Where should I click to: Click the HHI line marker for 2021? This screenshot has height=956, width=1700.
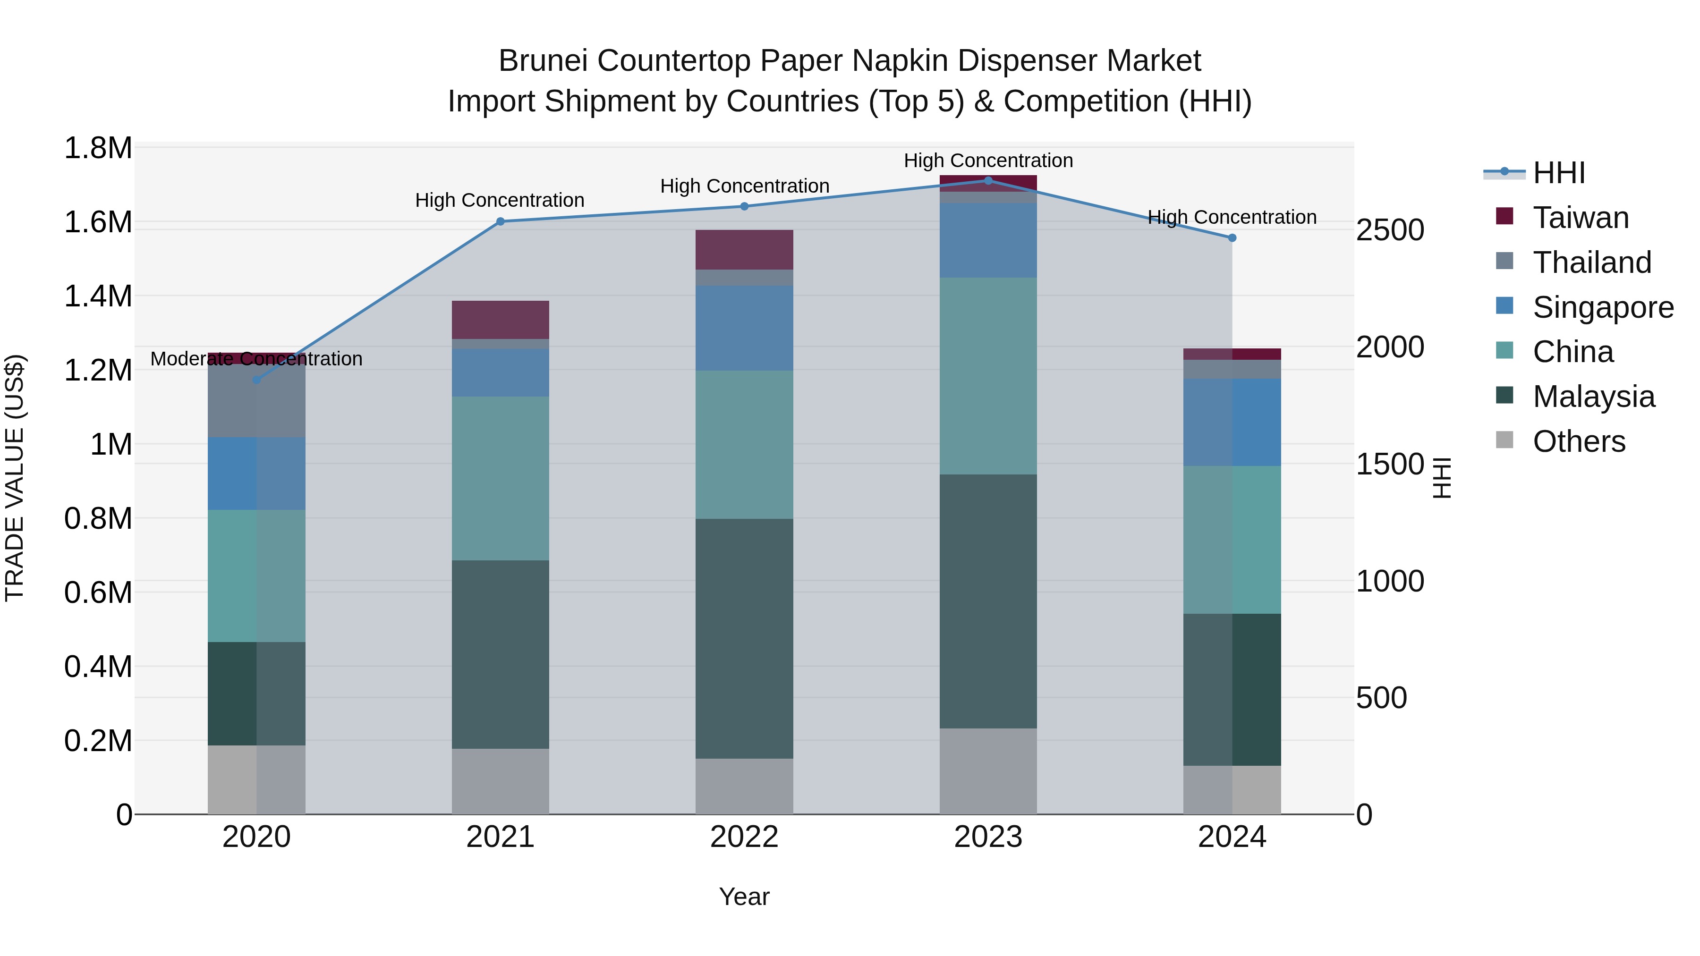[500, 222]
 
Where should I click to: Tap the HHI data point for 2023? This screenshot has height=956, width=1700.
[988, 181]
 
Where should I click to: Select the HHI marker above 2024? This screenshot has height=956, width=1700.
[1232, 238]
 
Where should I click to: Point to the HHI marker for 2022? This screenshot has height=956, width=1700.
[744, 206]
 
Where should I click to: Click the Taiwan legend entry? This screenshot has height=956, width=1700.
[1581, 218]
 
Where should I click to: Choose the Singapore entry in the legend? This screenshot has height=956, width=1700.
[1602, 307]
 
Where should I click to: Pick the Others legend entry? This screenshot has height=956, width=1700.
[1579, 441]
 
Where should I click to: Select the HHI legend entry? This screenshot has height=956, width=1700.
[1558, 173]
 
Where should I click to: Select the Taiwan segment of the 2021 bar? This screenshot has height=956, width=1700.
[500, 320]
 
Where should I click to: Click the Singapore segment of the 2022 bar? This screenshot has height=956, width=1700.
[744, 328]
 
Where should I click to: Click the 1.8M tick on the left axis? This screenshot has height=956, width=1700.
[98, 148]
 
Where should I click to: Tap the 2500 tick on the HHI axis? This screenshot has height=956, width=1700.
[1390, 231]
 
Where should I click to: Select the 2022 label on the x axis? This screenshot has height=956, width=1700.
[744, 837]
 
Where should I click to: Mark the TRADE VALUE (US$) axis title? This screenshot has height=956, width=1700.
[15, 478]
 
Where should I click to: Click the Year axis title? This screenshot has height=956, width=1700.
[744, 897]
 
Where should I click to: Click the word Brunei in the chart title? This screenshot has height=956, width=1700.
[543, 61]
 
